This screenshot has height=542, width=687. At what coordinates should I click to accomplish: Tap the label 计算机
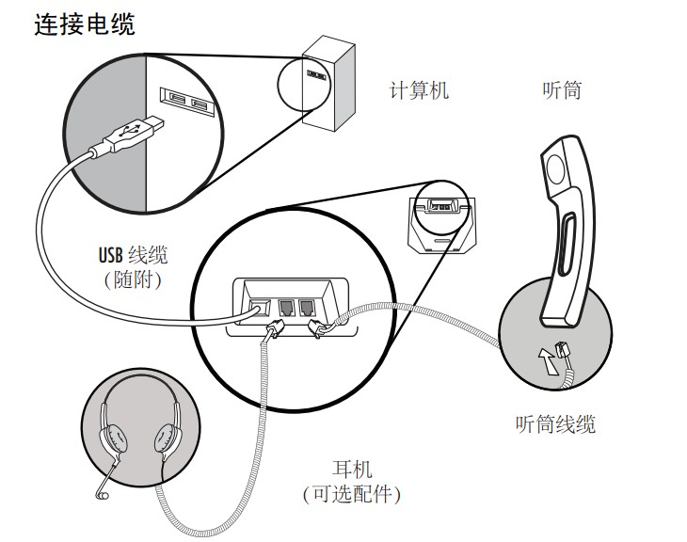[x=420, y=91]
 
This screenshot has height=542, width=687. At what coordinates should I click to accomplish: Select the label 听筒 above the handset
[x=562, y=91]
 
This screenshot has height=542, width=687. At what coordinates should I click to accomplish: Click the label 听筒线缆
[x=555, y=424]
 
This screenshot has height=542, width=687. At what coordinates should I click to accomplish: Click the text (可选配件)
[x=352, y=493]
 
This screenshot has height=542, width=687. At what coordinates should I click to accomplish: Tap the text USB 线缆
[x=133, y=254]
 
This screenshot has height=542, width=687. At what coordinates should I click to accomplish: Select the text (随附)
[x=133, y=279]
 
